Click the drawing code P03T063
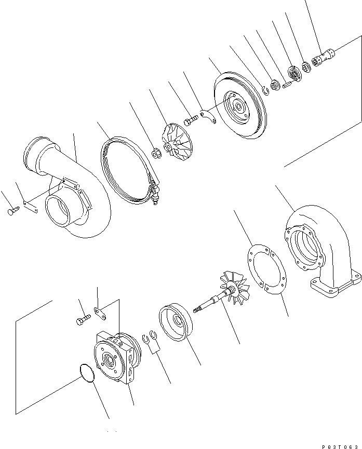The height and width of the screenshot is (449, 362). point(341,445)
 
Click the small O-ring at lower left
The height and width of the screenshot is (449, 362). point(87,373)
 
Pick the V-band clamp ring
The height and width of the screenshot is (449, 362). point(125,166)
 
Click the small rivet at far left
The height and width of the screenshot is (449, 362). point(14,210)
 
